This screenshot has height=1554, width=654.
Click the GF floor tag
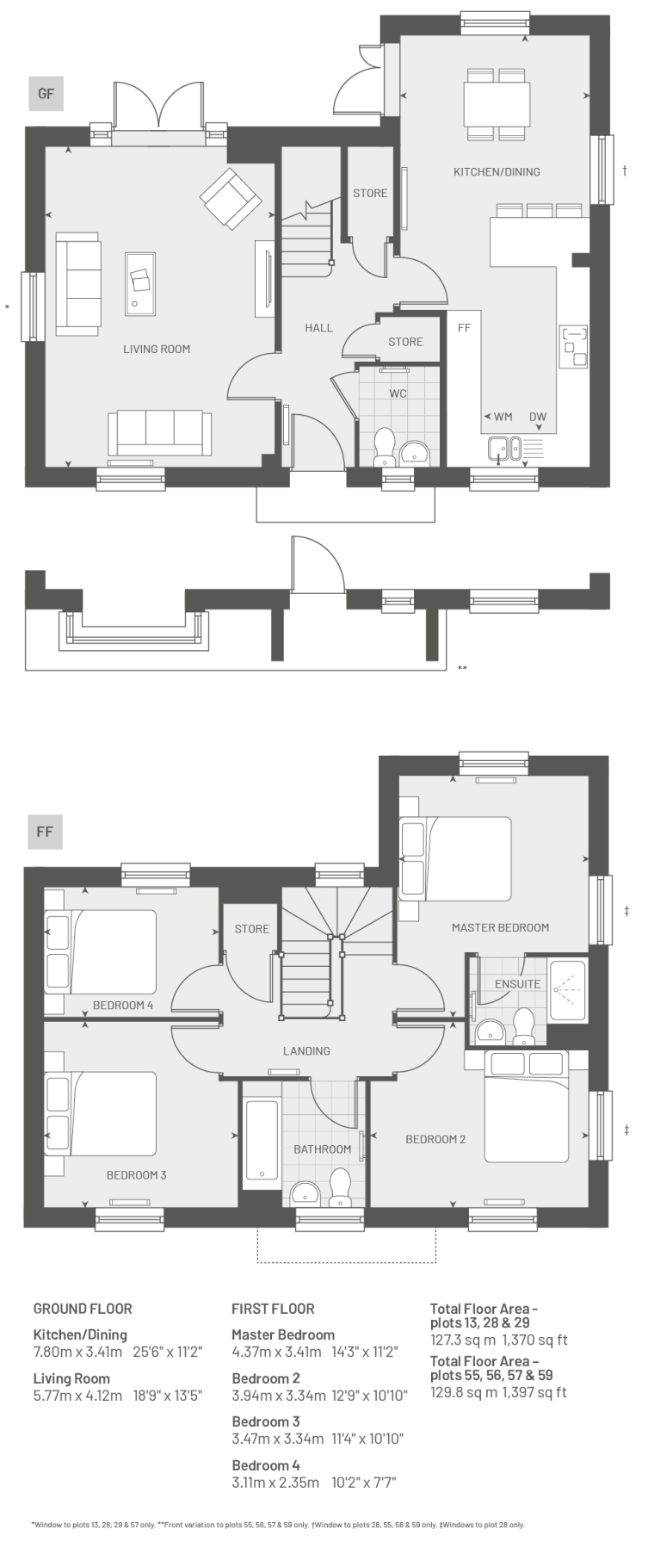(x=46, y=94)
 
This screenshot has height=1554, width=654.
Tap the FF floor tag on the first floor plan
(x=45, y=832)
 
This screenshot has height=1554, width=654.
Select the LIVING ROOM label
(x=157, y=349)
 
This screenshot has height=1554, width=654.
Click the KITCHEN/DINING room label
(x=497, y=171)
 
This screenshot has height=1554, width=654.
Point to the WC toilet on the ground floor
(x=384, y=446)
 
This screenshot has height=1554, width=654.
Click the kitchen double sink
(x=503, y=448)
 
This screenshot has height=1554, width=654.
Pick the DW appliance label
(x=538, y=417)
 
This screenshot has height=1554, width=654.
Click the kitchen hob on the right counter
(x=574, y=345)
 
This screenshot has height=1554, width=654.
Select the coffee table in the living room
(x=140, y=281)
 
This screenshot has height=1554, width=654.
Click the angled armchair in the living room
(x=231, y=198)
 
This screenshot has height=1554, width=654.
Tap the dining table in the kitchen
(x=497, y=103)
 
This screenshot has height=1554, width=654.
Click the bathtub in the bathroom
(x=261, y=1141)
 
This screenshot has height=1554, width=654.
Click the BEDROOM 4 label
(x=123, y=1005)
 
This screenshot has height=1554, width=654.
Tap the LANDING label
(x=306, y=1050)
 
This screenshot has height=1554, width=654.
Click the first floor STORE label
(x=252, y=929)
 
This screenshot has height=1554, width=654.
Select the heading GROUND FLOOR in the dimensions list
(x=83, y=1309)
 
